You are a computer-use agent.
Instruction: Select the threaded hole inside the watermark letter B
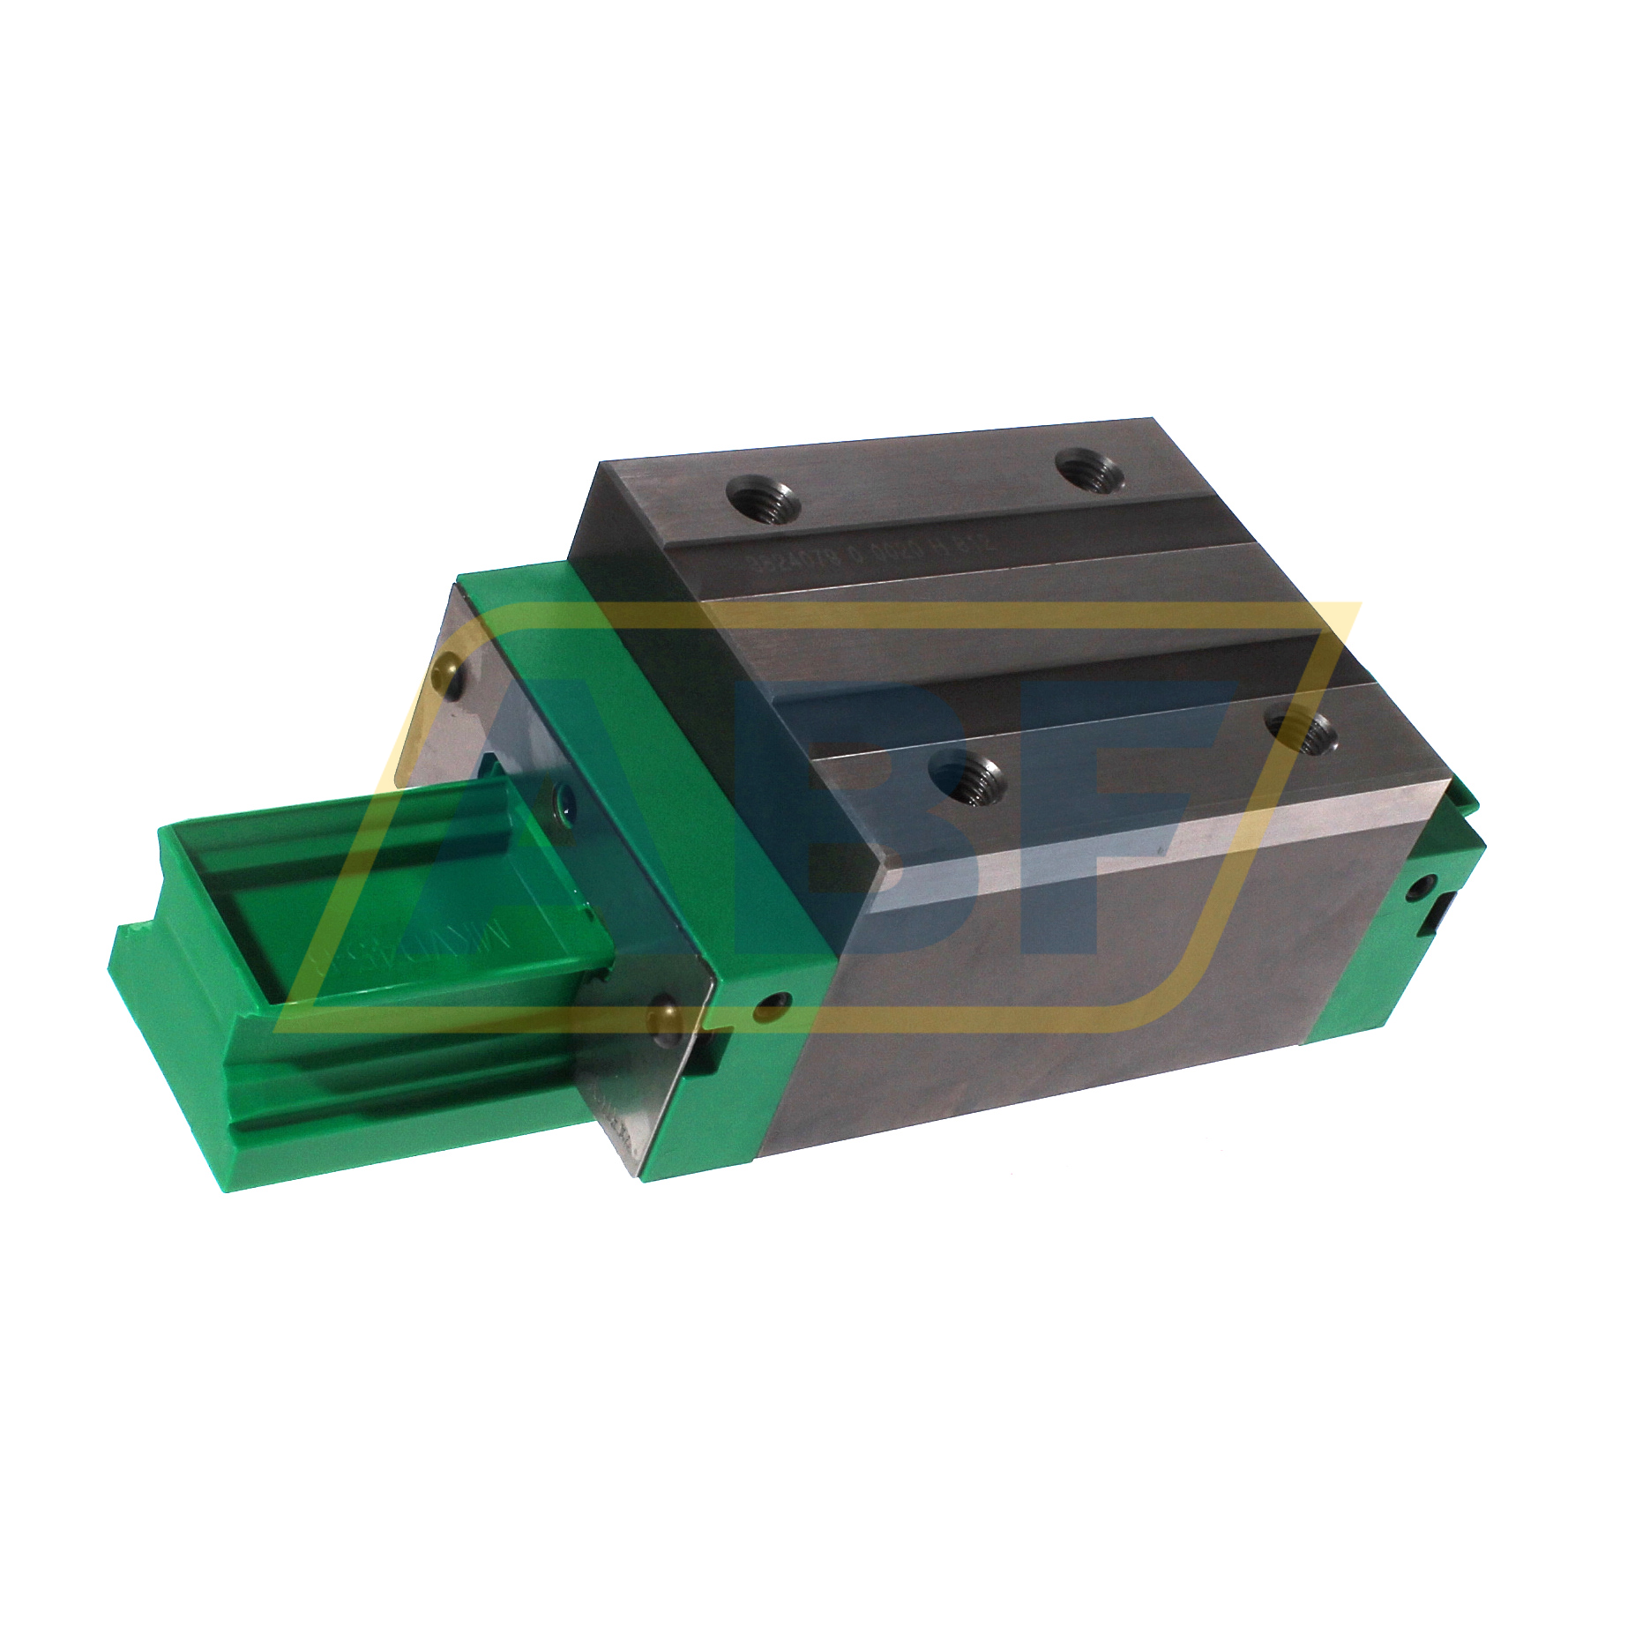point(966,777)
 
